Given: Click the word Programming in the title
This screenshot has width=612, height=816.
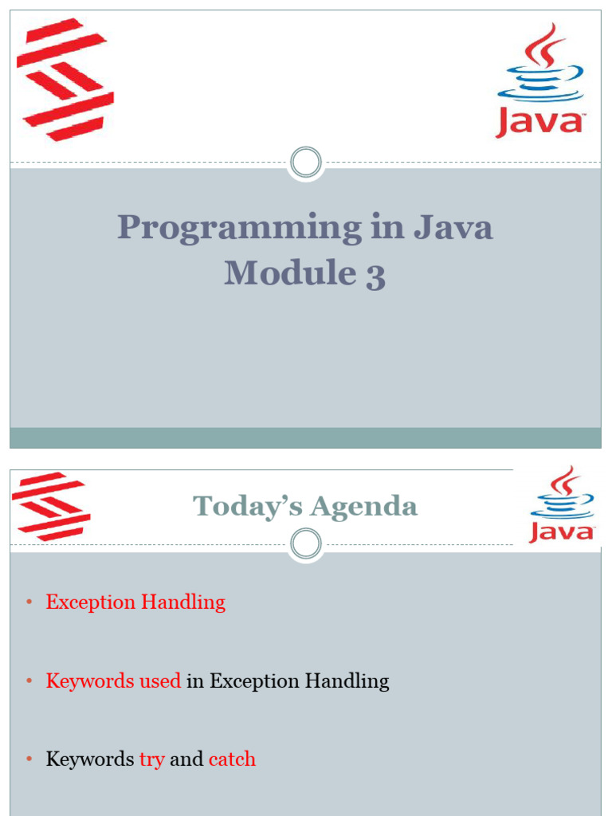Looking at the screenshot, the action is coord(240,229).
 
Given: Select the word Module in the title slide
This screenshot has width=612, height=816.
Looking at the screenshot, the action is coord(290,273).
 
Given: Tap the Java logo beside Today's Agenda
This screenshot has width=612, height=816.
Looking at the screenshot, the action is coord(562,504).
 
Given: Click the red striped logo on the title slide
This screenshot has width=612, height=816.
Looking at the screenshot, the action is coord(65,80).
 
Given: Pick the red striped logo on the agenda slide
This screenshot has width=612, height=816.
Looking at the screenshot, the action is coord(51,506).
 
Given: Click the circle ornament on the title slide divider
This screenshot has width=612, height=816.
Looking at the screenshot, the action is coord(306,163).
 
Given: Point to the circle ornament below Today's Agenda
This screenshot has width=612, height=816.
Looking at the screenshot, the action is coord(306,543).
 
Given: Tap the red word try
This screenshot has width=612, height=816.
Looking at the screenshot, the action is coord(152,759).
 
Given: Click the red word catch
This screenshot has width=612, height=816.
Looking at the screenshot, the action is coord(232,759).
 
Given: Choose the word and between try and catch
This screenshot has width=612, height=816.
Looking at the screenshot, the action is coord(186,759).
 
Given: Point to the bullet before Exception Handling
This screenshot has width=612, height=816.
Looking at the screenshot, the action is coord(29,602).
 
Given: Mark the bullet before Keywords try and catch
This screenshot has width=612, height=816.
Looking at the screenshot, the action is coord(29,759).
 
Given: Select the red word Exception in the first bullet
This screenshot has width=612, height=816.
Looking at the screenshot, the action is coord(91,602).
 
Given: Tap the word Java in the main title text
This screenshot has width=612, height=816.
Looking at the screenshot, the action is coord(453,227).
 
